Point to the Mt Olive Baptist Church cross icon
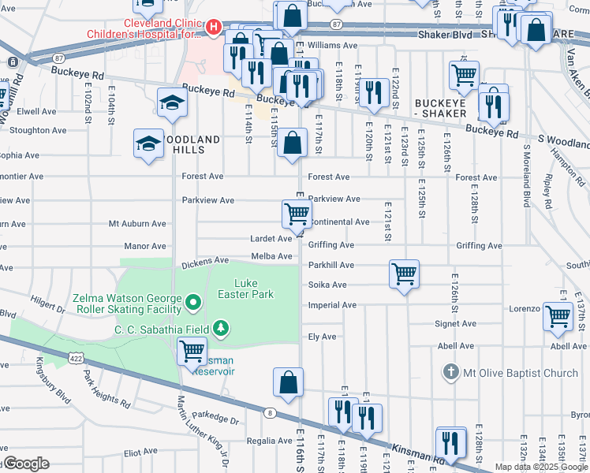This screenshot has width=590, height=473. pyautogui.click(x=450, y=371)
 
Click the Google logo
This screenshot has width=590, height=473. pyautogui.click(x=26, y=464)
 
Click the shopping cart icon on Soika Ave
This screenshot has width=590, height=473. pyautogui.click(x=404, y=274)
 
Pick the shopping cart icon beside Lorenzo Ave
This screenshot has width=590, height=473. pyautogui.click(x=558, y=315)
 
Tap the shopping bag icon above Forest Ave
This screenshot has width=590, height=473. pyautogui.click(x=292, y=143)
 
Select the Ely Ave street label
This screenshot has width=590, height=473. pyautogui.click(x=322, y=337)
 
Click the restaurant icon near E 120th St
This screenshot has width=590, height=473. pyautogui.click(x=373, y=92)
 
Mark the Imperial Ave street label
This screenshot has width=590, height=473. pyautogui.click(x=332, y=305)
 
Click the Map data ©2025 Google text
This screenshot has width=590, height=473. pyautogui.click(x=540, y=467)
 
